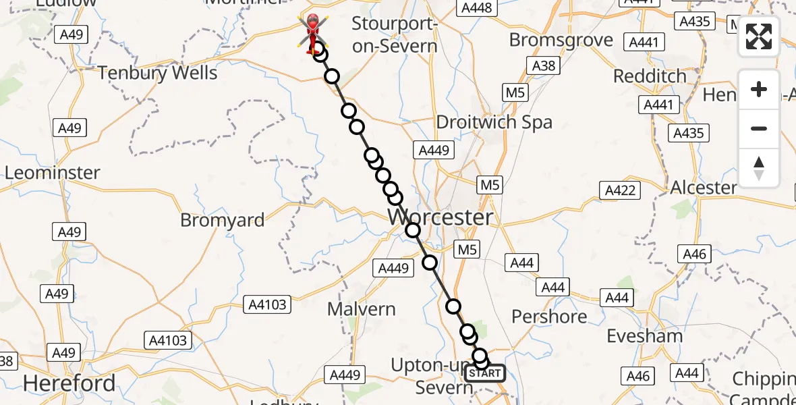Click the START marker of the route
[x=484, y=373]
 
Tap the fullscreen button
[x=759, y=36]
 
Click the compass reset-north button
[x=759, y=167]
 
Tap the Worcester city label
[x=441, y=217]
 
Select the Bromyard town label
[x=223, y=220]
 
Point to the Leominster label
[x=52, y=173]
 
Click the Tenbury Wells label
[x=158, y=73]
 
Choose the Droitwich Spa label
[x=494, y=122]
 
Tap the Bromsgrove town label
[x=561, y=40]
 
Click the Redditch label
[x=650, y=76]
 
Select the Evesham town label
[x=644, y=336]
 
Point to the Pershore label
[x=549, y=316]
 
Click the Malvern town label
[x=361, y=309]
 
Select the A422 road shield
[x=620, y=191]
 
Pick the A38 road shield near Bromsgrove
[x=544, y=65]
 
